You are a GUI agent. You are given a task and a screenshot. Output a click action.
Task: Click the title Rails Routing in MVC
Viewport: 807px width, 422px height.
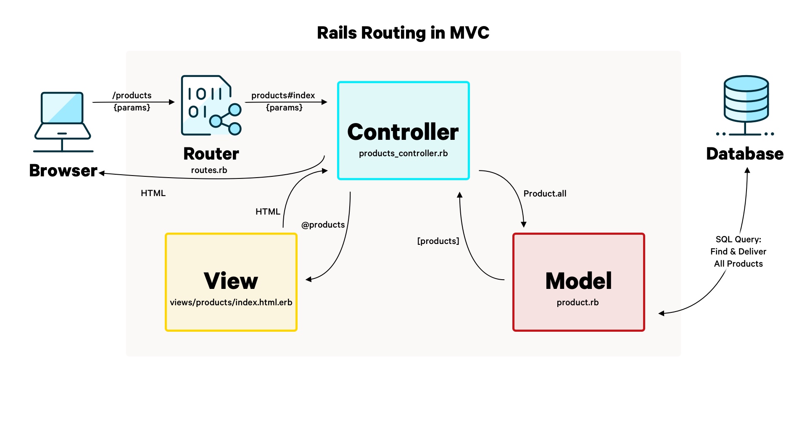403,33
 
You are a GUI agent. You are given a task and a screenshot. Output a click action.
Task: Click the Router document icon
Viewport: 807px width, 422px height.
210,106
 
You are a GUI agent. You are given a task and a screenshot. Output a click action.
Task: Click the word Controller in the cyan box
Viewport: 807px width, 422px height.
403,132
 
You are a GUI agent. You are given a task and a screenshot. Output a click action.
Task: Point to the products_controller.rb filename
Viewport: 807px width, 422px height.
403,154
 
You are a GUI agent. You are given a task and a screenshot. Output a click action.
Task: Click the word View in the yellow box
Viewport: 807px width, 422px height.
231,281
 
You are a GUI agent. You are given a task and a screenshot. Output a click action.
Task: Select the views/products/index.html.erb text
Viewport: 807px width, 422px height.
231,302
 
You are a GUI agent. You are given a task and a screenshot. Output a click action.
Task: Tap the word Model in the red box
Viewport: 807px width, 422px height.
578,281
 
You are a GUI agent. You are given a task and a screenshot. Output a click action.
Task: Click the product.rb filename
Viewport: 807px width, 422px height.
578,302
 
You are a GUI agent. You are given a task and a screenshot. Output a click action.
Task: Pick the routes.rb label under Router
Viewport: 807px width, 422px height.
209,170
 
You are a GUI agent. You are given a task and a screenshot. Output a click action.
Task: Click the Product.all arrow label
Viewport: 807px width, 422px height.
545,194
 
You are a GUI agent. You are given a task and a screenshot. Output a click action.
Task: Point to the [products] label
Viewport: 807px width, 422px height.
438,241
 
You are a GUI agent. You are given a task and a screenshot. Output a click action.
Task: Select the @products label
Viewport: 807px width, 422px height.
323,225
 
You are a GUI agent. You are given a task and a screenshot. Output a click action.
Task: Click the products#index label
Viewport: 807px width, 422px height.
283,95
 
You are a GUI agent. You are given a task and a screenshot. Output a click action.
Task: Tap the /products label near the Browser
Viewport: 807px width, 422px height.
132,95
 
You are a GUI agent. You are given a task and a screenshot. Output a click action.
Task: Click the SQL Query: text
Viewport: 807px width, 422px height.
738,239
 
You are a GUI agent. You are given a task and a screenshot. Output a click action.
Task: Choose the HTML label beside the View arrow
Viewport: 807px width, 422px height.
268,212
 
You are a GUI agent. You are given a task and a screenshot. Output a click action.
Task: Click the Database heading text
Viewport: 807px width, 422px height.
745,154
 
